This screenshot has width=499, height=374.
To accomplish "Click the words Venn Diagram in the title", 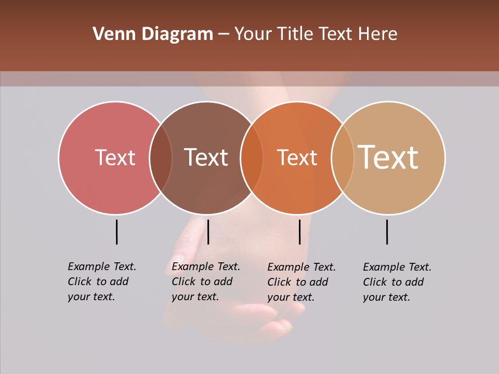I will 153,34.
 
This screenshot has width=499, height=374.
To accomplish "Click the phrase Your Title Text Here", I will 316,34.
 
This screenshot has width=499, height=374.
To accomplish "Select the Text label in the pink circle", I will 115,157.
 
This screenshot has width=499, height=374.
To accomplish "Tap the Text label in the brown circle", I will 206,157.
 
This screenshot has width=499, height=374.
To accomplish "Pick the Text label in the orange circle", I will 297,157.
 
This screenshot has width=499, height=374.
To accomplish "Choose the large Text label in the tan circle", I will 388,157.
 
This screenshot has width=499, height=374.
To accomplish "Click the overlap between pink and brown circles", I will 161,158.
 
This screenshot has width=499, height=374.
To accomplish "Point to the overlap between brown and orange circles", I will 252,158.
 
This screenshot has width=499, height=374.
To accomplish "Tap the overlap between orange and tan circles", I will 343,158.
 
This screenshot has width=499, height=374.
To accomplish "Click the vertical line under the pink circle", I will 116,232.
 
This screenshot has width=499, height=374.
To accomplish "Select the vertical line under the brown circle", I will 208,232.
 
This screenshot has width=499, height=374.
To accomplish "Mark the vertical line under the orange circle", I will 299,232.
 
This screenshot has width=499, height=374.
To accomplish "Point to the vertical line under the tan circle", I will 387,232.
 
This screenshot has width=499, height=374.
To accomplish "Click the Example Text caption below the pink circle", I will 102,282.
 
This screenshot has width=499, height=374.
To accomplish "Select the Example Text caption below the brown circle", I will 206,282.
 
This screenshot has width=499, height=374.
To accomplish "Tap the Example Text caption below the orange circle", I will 301,282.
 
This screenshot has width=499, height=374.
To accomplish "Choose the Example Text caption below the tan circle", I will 397,282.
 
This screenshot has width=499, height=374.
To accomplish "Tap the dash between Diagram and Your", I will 224,35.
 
